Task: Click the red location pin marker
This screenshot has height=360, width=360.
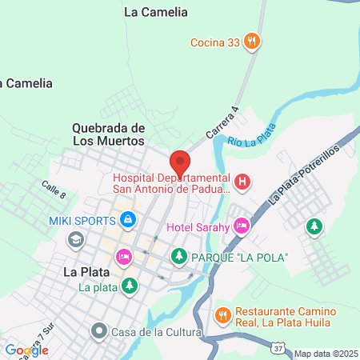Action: click(180, 163)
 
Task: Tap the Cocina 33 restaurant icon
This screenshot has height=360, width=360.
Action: click(252, 41)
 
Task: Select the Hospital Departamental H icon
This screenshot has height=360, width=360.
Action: click(244, 182)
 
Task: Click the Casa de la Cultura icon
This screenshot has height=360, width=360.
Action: click(99, 330)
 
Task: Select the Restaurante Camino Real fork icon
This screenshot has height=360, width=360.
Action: click(224, 314)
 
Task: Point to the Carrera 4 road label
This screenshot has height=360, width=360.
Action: click(223, 124)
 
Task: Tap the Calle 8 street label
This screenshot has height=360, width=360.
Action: click(53, 190)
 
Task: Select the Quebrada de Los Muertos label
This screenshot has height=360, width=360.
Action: click(108, 134)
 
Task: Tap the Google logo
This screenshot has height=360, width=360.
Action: click(26, 350)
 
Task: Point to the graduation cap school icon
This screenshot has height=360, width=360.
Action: click(75, 238)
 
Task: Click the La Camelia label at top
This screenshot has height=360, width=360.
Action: click(157, 12)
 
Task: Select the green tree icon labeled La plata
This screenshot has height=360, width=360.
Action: click(128, 285)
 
